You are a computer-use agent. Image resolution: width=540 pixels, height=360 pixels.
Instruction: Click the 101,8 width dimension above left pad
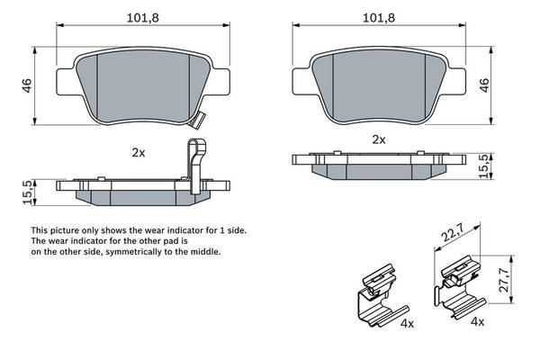click(143, 18)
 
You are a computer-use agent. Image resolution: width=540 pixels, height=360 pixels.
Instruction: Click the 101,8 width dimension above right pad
click(379, 18)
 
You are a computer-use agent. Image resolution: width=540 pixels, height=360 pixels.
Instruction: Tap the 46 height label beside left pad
click(27, 85)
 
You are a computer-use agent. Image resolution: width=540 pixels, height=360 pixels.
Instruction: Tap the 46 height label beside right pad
click(484, 85)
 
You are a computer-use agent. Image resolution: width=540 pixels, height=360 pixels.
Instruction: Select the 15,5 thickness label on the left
click(29, 193)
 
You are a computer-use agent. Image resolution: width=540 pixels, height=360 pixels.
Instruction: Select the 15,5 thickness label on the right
click(485, 166)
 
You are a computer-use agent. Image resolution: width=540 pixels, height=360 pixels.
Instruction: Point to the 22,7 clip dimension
click(454, 232)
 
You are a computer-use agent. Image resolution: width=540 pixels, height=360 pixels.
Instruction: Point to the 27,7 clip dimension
click(504, 280)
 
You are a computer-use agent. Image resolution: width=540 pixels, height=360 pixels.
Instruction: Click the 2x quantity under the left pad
click(139, 153)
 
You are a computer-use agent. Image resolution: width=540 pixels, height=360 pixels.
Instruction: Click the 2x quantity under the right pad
click(379, 139)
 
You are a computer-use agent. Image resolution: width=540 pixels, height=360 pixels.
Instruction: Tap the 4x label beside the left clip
click(408, 323)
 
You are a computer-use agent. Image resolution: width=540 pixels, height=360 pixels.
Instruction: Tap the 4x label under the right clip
click(478, 322)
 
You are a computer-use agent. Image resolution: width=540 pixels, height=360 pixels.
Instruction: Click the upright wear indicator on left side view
click(196, 166)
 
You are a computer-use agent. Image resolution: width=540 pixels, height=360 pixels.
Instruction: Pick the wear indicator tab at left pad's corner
click(198, 121)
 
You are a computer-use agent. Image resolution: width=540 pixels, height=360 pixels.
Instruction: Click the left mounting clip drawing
click(382, 295)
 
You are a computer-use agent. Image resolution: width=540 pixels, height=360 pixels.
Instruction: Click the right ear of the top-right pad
click(456, 81)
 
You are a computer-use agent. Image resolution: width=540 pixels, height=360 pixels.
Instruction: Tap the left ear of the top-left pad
click(66, 82)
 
